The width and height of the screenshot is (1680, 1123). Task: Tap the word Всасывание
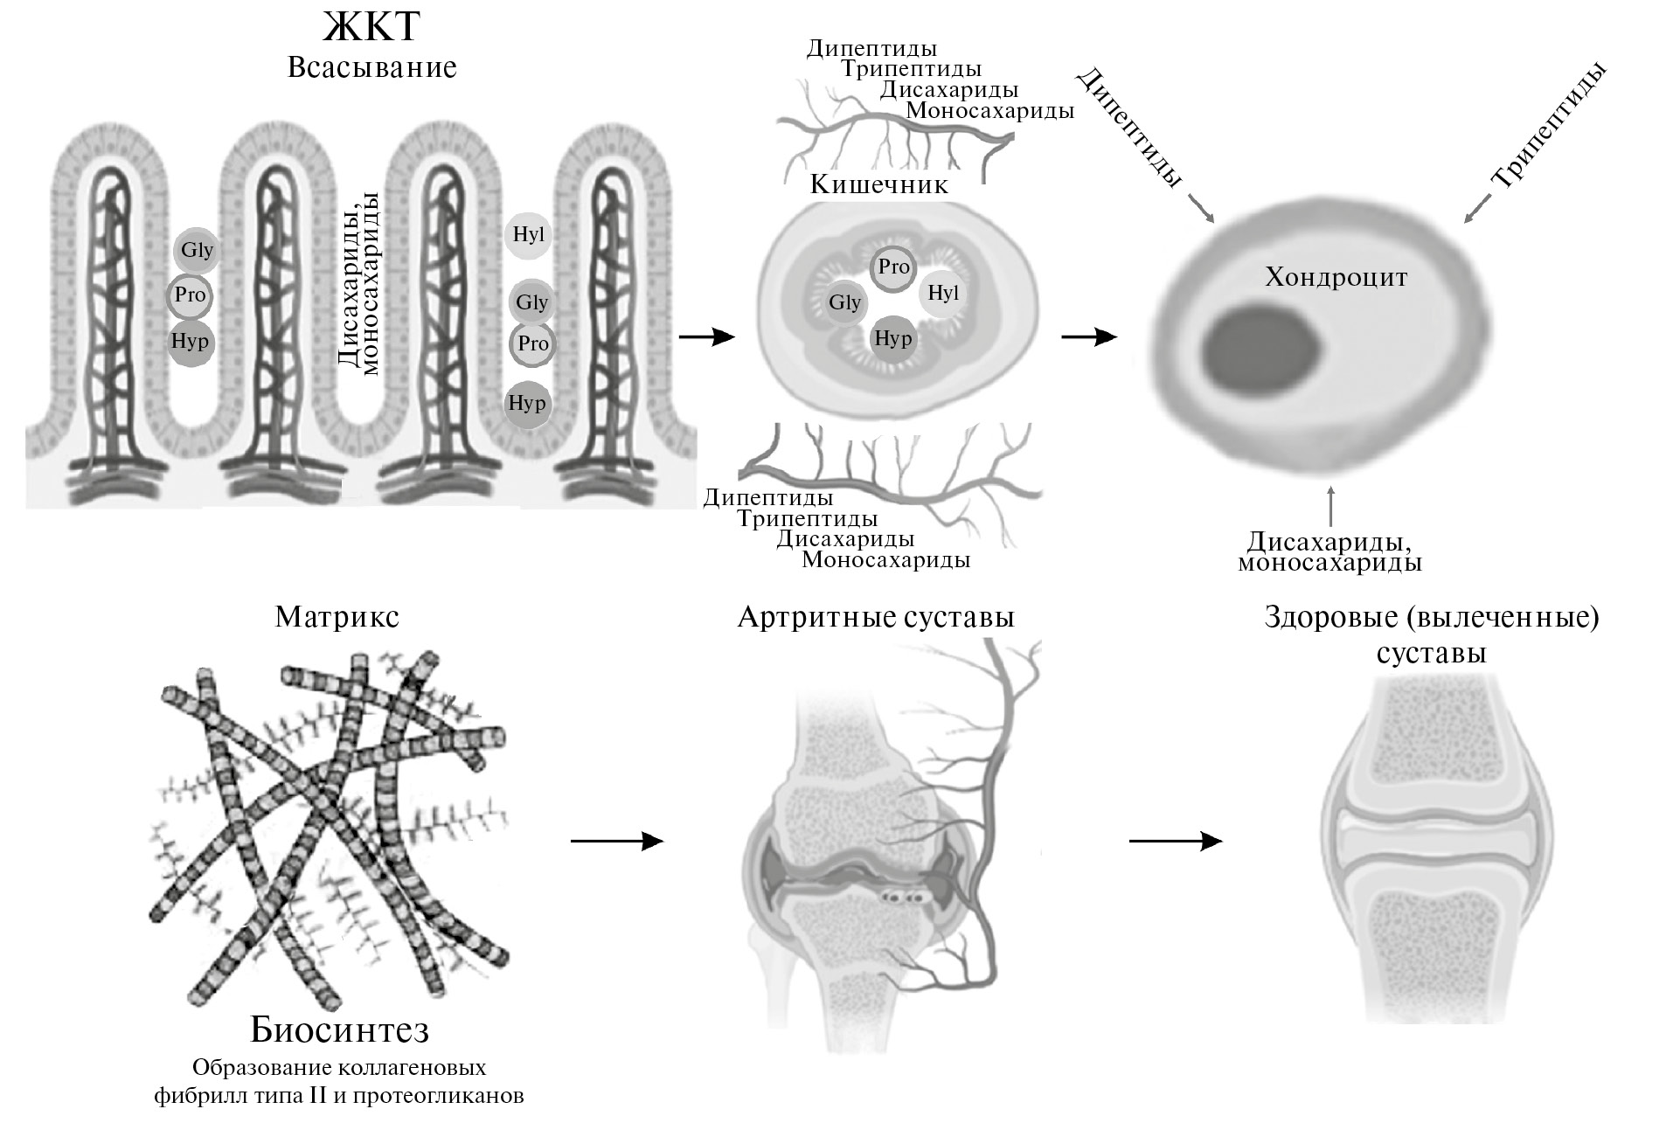371,67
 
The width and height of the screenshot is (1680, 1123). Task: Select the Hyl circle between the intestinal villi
529,234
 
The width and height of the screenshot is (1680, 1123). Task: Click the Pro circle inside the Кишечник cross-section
893,267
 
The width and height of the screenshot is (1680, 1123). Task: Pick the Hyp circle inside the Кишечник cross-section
893,338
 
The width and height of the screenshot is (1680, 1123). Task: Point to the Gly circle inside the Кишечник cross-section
845,302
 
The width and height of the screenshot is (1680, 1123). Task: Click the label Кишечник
878,185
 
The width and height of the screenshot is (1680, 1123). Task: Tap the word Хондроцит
1336,278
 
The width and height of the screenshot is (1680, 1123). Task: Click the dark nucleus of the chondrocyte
1263,348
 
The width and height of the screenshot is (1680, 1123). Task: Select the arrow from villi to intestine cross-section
706,336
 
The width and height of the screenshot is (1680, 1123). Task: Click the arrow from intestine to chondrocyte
1089,336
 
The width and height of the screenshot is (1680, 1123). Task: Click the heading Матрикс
337,618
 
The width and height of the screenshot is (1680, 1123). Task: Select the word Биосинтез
339,1030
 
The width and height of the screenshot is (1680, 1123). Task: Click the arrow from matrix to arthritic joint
617,841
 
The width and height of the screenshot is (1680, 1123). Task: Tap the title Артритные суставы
876,618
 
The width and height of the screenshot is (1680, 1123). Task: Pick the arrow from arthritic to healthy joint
1175,841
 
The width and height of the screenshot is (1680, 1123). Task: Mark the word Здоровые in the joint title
1332,618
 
